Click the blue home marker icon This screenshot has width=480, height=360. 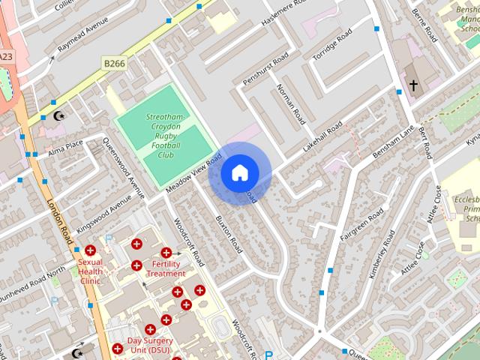[239, 173]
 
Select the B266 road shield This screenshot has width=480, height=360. [115, 64]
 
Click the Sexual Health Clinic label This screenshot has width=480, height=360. [89, 271]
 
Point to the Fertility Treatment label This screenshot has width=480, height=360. [166, 268]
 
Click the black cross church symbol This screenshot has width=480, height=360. [412, 86]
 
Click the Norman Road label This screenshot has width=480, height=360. [290, 103]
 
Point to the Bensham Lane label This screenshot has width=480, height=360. [393, 141]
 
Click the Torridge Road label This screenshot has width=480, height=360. [332, 46]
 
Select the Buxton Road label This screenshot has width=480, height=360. [228, 234]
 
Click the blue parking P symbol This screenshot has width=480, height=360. [268, 355]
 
